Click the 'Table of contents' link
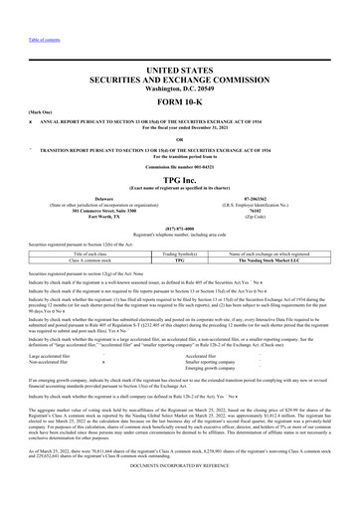point(25,12)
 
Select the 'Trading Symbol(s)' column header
point(180,282)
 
